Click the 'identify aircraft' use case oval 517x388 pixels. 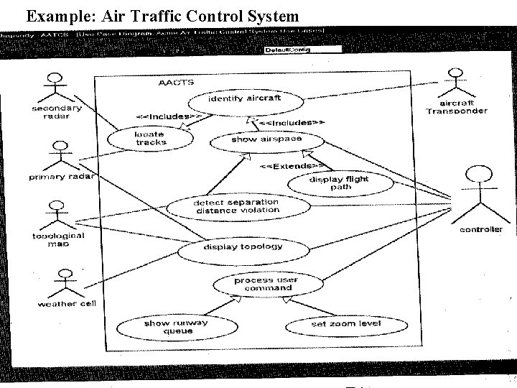point(244,98)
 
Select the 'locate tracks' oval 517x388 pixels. point(150,138)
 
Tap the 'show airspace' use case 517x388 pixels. point(256,140)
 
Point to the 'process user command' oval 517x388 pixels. point(266,284)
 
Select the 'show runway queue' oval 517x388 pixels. point(166,327)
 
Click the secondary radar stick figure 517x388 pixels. point(55,87)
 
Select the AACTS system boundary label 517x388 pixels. point(175,83)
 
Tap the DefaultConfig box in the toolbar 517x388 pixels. point(287,50)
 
